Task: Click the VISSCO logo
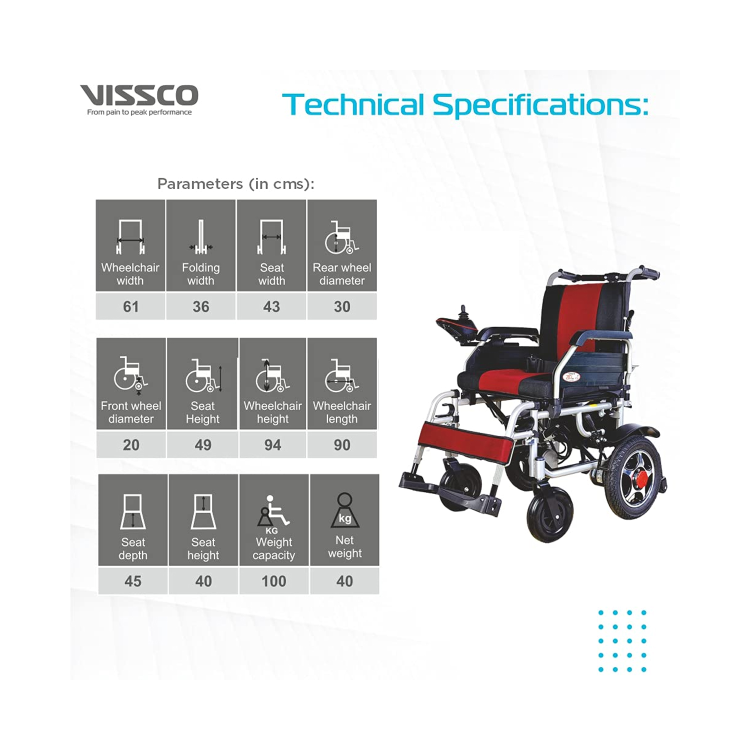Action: pos(139,95)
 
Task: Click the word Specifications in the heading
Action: pos(540,105)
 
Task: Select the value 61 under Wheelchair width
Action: pos(130,306)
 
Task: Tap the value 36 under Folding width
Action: pos(201,306)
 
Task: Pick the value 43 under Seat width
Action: pos(271,306)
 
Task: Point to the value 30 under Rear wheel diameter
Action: pos(342,306)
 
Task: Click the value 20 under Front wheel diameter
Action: pos(131,444)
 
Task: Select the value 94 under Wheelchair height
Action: pos(272,444)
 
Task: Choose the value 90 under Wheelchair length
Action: pos(342,444)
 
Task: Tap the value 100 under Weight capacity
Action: pos(274,581)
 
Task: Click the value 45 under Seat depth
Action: pos(133,581)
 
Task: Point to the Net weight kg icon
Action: pos(344,511)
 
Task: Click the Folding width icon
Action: pos(201,237)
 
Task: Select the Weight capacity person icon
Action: pos(272,512)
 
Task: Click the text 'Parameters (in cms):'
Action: pos(236,184)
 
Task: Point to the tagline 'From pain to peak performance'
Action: pos(139,112)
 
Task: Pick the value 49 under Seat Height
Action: pos(203,444)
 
